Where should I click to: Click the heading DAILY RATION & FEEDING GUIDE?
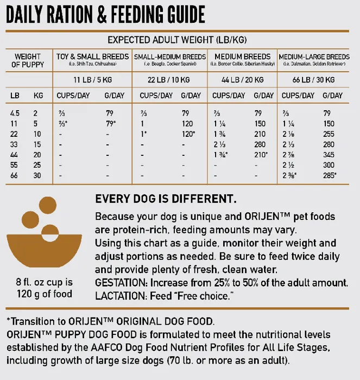tap(105, 14)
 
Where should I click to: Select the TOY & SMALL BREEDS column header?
tap(93, 56)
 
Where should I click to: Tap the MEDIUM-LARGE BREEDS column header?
tap(314, 56)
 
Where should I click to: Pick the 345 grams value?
tap(329, 154)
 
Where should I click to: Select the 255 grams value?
tap(329, 134)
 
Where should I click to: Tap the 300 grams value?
tap(329, 164)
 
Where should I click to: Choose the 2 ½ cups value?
tap(288, 164)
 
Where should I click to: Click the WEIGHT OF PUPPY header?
tap(28, 60)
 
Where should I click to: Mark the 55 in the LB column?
tap(15, 164)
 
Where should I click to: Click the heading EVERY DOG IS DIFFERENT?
tap(166, 199)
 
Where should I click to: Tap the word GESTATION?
tap(121, 283)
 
